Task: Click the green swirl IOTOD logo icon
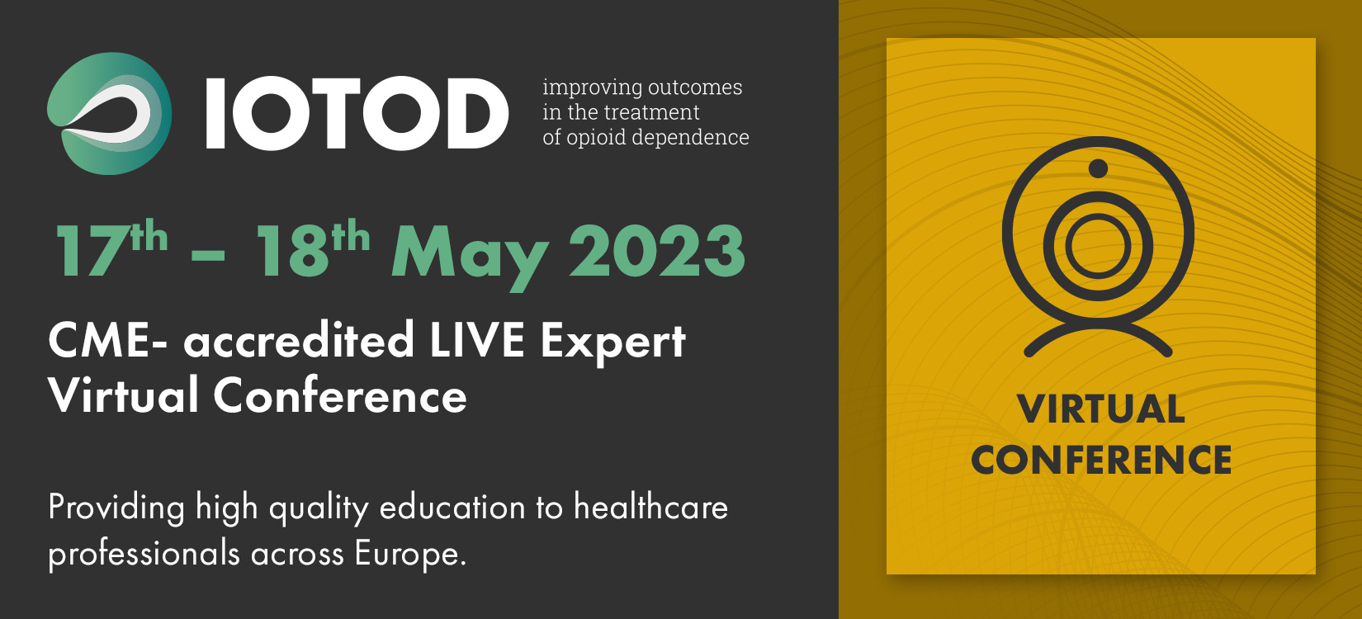[110, 114]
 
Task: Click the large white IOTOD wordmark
[357, 113]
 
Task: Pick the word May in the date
[470, 255]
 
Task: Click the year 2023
[657, 251]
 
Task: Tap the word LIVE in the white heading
[477, 341]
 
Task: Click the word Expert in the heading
[612, 344]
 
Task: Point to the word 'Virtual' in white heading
[124, 395]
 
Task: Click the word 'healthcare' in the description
[650, 507]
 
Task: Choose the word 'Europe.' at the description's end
[410, 553]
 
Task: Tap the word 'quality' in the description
[319, 509]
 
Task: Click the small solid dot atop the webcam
[1098, 168]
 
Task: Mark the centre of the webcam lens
[1098, 246]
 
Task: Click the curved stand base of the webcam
[1098, 327]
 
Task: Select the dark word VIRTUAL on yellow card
[1101, 409]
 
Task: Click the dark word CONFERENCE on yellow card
[1101, 460]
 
